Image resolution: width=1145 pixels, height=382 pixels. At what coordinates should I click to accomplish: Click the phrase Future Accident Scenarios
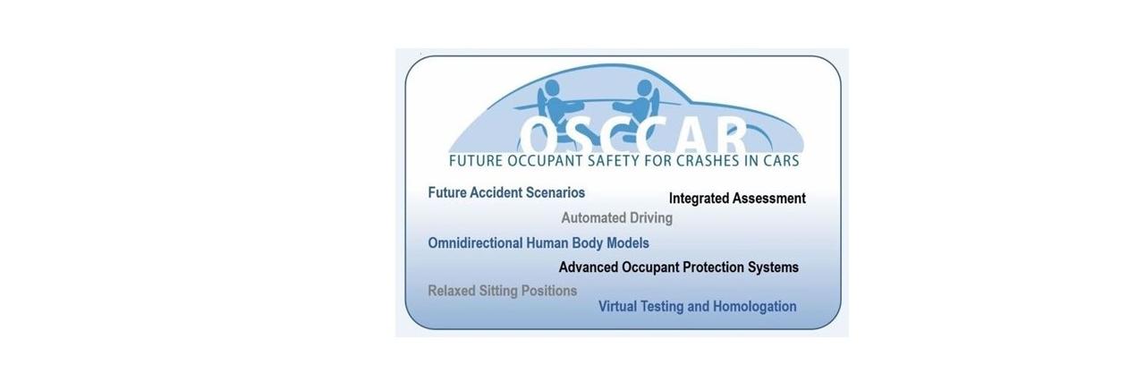(x=506, y=192)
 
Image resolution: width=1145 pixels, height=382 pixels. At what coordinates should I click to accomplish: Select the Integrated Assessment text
(x=737, y=199)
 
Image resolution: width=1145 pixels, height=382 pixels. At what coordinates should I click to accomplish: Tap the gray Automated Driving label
(x=616, y=217)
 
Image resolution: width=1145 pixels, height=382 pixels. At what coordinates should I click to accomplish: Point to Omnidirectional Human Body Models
(x=539, y=242)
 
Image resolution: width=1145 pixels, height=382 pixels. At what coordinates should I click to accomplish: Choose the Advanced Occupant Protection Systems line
(x=678, y=267)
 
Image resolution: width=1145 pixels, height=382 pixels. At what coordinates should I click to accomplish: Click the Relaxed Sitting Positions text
(x=502, y=291)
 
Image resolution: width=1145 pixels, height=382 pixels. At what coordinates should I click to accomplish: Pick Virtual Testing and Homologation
(x=697, y=307)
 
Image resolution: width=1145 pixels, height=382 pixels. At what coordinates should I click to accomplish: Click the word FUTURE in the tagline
(x=479, y=162)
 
